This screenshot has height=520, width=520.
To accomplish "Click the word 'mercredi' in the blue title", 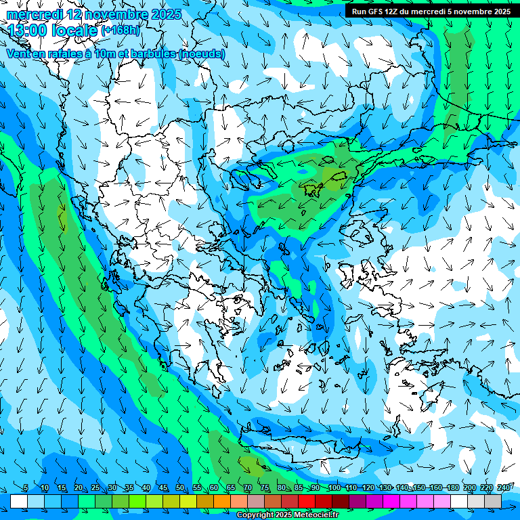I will [x=35, y=14].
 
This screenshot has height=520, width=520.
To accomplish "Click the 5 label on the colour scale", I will [x=25, y=487].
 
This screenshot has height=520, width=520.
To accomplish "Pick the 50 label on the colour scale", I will [x=180, y=487].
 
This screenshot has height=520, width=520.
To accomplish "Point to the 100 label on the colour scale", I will [x=334, y=487].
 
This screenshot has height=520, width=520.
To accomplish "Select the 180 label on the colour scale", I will [x=452, y=487].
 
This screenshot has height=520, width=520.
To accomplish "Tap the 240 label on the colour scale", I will [x=503, y=487].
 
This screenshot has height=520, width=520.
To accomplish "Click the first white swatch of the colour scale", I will [x=19, y=501].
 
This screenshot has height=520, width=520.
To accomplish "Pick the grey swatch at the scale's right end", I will [x=493, y=501].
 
